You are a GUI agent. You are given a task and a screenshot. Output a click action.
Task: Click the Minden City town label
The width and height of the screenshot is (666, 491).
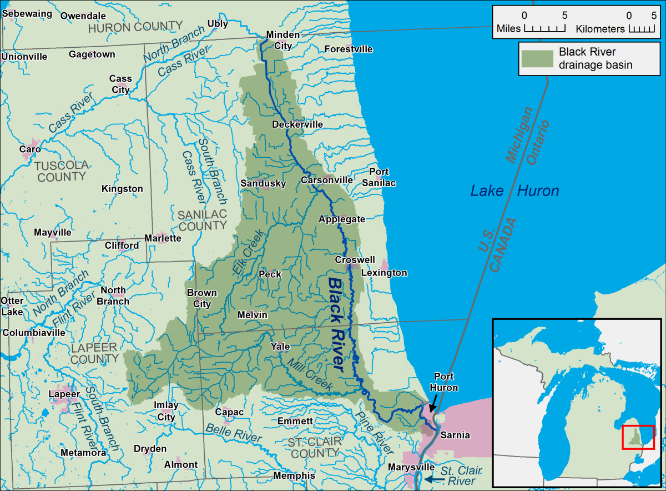pyautogui.click(x=282, y=40)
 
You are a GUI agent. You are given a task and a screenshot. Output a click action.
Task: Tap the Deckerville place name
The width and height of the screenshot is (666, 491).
pyautogui.click(x=297, y=124)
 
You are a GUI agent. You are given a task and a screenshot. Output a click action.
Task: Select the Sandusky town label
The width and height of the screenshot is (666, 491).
pyautogui.click(x=263, y=183)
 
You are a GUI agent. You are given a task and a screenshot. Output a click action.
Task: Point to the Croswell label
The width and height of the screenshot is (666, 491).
pyautogui.click(x=355, y=260)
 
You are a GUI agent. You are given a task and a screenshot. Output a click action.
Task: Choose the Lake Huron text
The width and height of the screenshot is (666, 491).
pyautogui.click(x=514, y=192)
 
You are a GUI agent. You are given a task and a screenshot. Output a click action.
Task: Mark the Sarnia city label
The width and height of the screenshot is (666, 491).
pyautogui.click(x=455, y=435)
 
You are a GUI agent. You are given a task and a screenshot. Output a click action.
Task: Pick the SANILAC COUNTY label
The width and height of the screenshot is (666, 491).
pyautogui.click(x=202, y=220)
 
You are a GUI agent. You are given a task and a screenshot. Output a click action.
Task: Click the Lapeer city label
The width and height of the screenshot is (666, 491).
pyautogui.click(x=61, y=394)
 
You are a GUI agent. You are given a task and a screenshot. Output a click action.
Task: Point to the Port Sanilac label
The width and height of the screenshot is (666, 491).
pyautogui.click(x=379, y=177)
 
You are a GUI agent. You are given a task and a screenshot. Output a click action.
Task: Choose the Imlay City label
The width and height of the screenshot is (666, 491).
pyautogui.click(x=166, y=412)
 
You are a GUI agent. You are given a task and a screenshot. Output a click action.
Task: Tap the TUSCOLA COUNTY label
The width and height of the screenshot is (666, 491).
pyautogui.click(x=61, y=171)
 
